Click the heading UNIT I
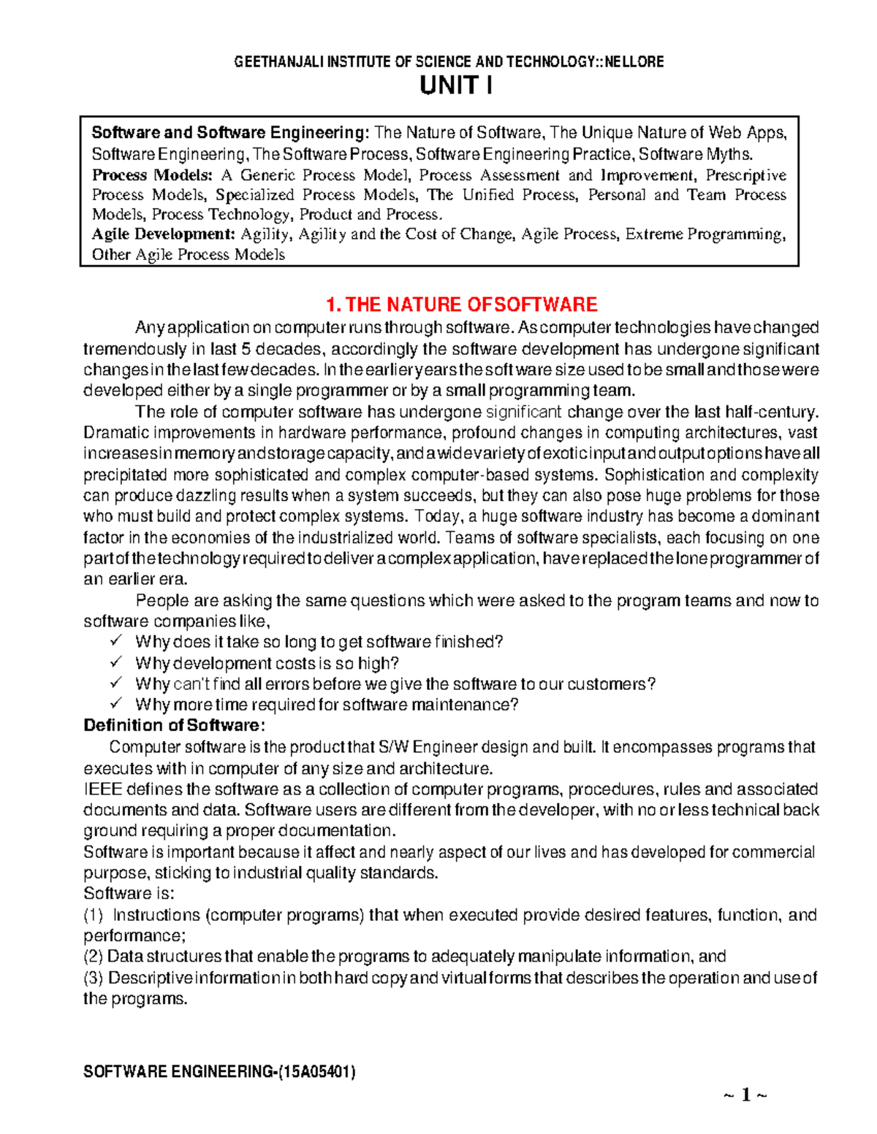pos(455,86)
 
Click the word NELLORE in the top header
pos(634,62)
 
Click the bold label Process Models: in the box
pos(152,175)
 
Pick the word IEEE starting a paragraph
pos(103,789)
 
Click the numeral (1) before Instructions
pos(94,915)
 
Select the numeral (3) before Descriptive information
pos(94,978)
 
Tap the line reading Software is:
pos(129,894)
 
